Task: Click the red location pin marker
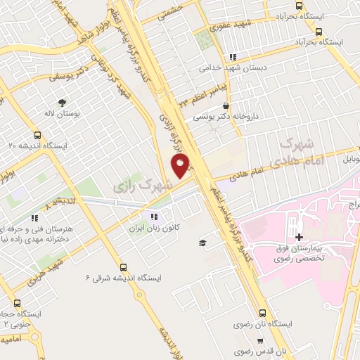click(180, 166)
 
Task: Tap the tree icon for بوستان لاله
click(63, 101)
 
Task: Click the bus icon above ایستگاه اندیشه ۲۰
click(37, 134)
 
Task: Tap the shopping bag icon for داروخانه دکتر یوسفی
click(225, 105)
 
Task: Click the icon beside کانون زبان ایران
click(154, 217)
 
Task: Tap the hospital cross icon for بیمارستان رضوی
click(300, 238)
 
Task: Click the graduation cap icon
click(202, 243)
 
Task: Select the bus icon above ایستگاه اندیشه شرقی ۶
click(124, 267)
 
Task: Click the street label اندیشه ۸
click(59, 202)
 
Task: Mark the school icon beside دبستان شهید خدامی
click(233, 58)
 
